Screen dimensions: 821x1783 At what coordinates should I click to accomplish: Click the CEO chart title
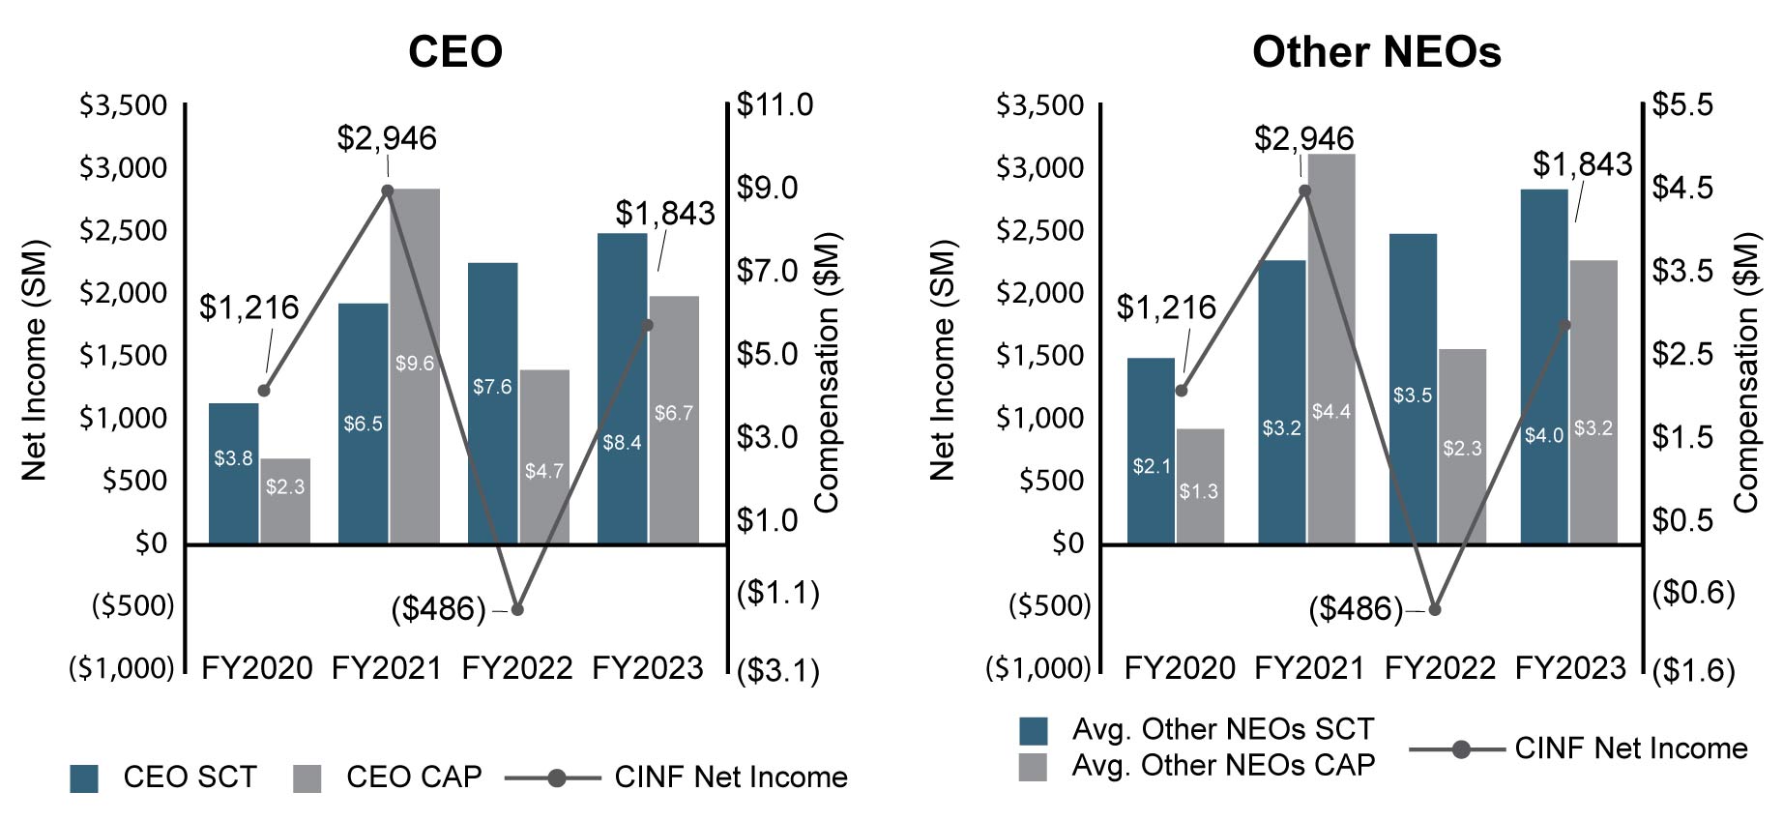click(454, 51)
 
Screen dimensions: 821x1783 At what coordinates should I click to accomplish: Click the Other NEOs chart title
click(1376, 51)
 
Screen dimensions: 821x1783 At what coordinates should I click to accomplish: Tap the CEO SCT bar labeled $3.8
click(233, 473)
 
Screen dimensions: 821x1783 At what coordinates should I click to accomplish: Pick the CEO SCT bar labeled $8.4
click(622, 387)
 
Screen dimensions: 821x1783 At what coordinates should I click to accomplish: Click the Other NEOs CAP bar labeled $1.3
click(1199, 485)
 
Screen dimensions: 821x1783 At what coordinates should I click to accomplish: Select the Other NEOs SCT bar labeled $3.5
click(1413, 387)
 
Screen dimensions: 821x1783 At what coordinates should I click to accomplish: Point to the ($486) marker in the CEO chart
click(517, 609)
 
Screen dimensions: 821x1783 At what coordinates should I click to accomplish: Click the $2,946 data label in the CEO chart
click(387, 138)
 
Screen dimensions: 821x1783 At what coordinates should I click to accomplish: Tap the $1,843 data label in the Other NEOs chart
click(1582, 164)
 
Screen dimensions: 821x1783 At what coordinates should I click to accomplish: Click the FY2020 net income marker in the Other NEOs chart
click(1181, 391)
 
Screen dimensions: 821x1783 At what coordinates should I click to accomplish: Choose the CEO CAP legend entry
click(387, 777)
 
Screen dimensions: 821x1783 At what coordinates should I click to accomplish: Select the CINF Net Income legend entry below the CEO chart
click(677, 777)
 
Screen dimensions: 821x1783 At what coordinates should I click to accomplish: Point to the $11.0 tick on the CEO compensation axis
click(775, 104)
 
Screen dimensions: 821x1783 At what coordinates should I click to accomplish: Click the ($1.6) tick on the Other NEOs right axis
click(1692, 670)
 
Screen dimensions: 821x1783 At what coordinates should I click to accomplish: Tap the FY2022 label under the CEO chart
click(517, 668)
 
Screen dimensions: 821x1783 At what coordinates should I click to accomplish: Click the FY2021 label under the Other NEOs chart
click(1309, 668)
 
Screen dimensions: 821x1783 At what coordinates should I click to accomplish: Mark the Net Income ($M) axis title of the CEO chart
click(35, 360)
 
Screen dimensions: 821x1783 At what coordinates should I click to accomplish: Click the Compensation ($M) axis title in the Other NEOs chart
click(1745, 372)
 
